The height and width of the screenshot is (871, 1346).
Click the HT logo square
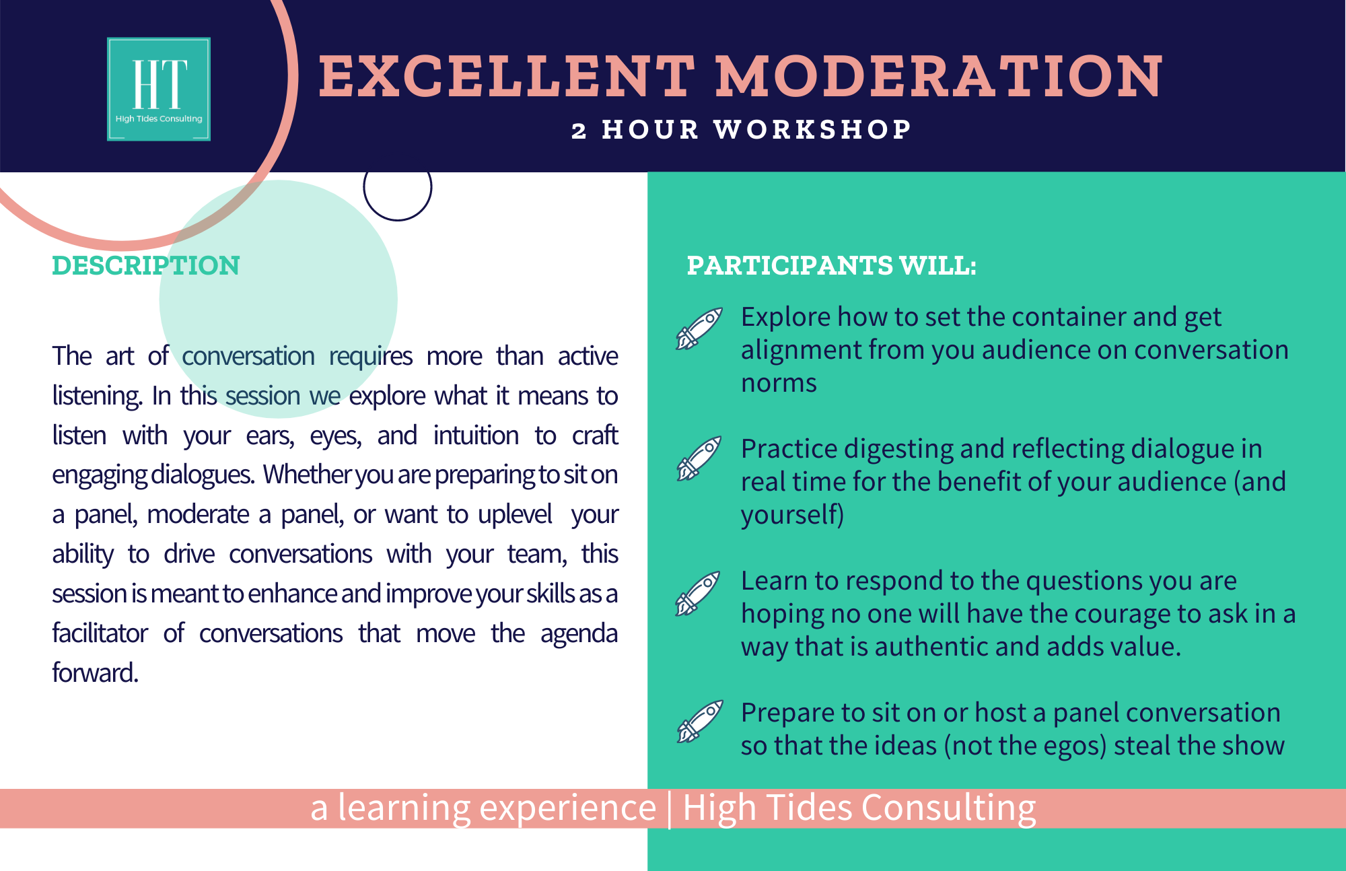[x=159, y=89]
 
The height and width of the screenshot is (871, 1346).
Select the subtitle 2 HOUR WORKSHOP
[x=742, y=129]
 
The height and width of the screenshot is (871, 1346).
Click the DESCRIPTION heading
[x=146, y=265]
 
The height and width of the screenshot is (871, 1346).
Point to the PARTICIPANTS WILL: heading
[x=831, y=265]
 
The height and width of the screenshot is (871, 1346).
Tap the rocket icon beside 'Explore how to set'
[x=699, y=328]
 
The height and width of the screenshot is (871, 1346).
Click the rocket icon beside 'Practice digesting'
[x=699, y=458]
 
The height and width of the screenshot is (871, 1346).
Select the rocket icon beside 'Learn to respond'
[x=698, y=594]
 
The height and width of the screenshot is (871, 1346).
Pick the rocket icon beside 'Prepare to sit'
[x=700, y=722]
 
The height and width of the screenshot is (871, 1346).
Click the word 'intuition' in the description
[x=476, y=435]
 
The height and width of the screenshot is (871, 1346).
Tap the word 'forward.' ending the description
[x=96, y=672]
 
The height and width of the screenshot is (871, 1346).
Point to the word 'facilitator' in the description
[x=100, y=633]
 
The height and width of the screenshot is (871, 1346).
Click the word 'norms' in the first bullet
[x=779, y=383]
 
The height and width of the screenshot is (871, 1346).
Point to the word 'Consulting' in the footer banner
[x=949, y=808]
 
